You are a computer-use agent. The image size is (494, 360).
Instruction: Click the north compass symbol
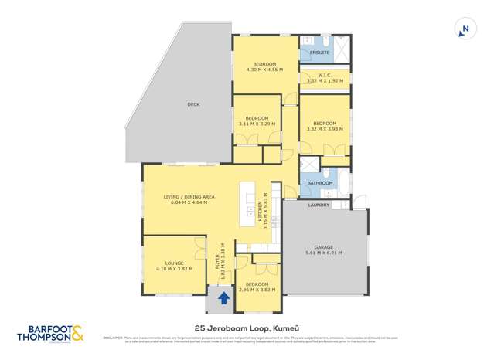tap(465, 29)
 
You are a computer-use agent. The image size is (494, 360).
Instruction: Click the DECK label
tap(193, 104)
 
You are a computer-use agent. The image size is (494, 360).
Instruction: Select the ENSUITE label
tap(320, 53)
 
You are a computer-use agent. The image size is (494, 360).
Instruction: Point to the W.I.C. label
tap(325, 75)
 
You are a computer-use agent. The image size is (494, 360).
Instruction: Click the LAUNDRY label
tap(319, 205)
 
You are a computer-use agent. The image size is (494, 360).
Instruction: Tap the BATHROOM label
tap(320, 183)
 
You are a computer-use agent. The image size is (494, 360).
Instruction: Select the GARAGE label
tap(324, 247)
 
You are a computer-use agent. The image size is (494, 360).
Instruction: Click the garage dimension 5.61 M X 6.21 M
tap(324, 253)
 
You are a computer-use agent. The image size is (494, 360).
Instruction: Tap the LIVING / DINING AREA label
tap(189, 197)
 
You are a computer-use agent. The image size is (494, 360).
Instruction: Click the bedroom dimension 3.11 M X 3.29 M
tap(257, 123)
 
